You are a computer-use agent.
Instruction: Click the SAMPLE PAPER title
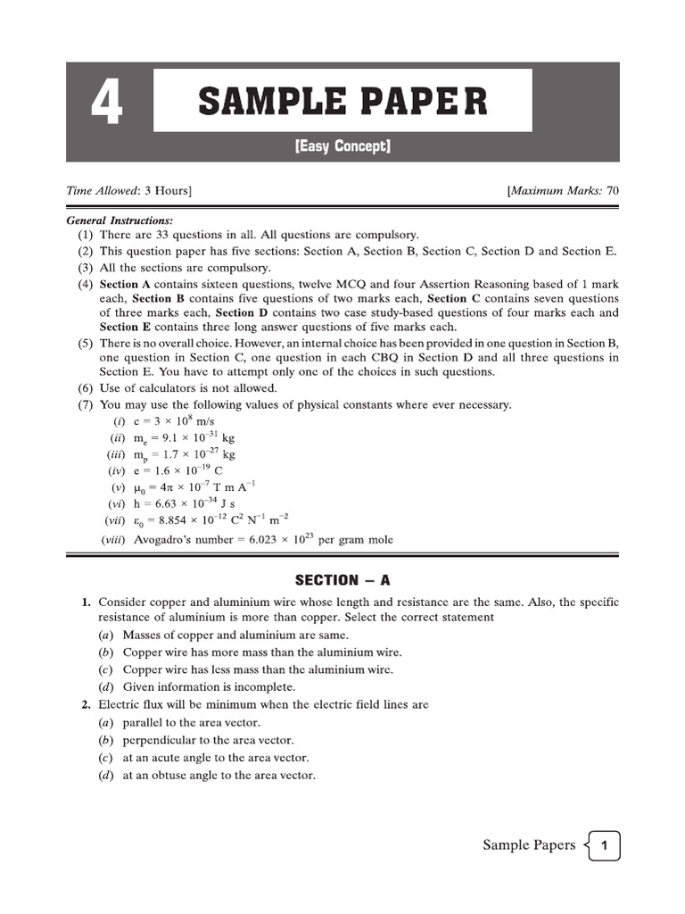point(342,102)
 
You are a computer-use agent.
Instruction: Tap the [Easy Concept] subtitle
point(342,146)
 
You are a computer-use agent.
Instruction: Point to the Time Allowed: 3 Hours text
point(128,191)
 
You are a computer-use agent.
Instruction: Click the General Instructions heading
point(120,220)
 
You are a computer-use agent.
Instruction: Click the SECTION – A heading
point(342,580)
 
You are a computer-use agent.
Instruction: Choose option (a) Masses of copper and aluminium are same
point(223,636)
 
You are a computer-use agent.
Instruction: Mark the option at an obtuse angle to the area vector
point(219,776)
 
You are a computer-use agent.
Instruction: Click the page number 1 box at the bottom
point(605,845)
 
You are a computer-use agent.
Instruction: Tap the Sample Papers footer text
point(529,845)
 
